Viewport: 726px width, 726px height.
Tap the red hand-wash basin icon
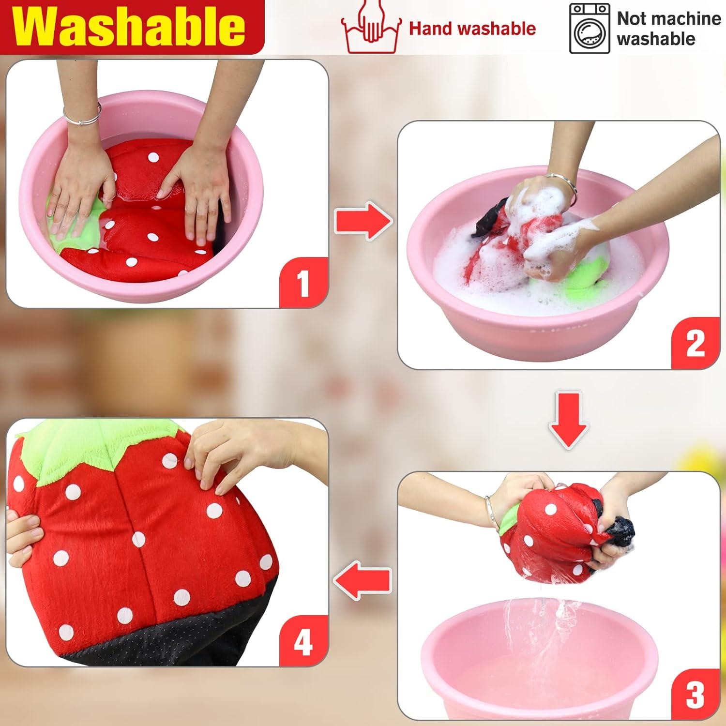pos(371,28)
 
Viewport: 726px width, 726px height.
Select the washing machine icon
pos(589,28)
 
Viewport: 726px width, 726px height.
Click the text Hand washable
pos(472,29)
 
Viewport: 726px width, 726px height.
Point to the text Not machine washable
pos(668,29)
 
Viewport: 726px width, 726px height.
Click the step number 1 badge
pos(303,283)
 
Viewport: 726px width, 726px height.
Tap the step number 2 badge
pos(696,344)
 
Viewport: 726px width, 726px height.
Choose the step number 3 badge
pos(696,695)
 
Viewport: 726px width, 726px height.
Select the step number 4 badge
pos(303,642)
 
